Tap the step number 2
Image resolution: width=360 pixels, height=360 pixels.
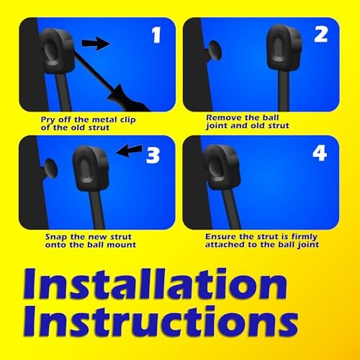coord(320,35)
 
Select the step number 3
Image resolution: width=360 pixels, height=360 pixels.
coord(153,154)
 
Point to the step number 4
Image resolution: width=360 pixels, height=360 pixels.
coord(320,154)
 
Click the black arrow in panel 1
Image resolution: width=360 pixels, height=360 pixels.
coord(94,45)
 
